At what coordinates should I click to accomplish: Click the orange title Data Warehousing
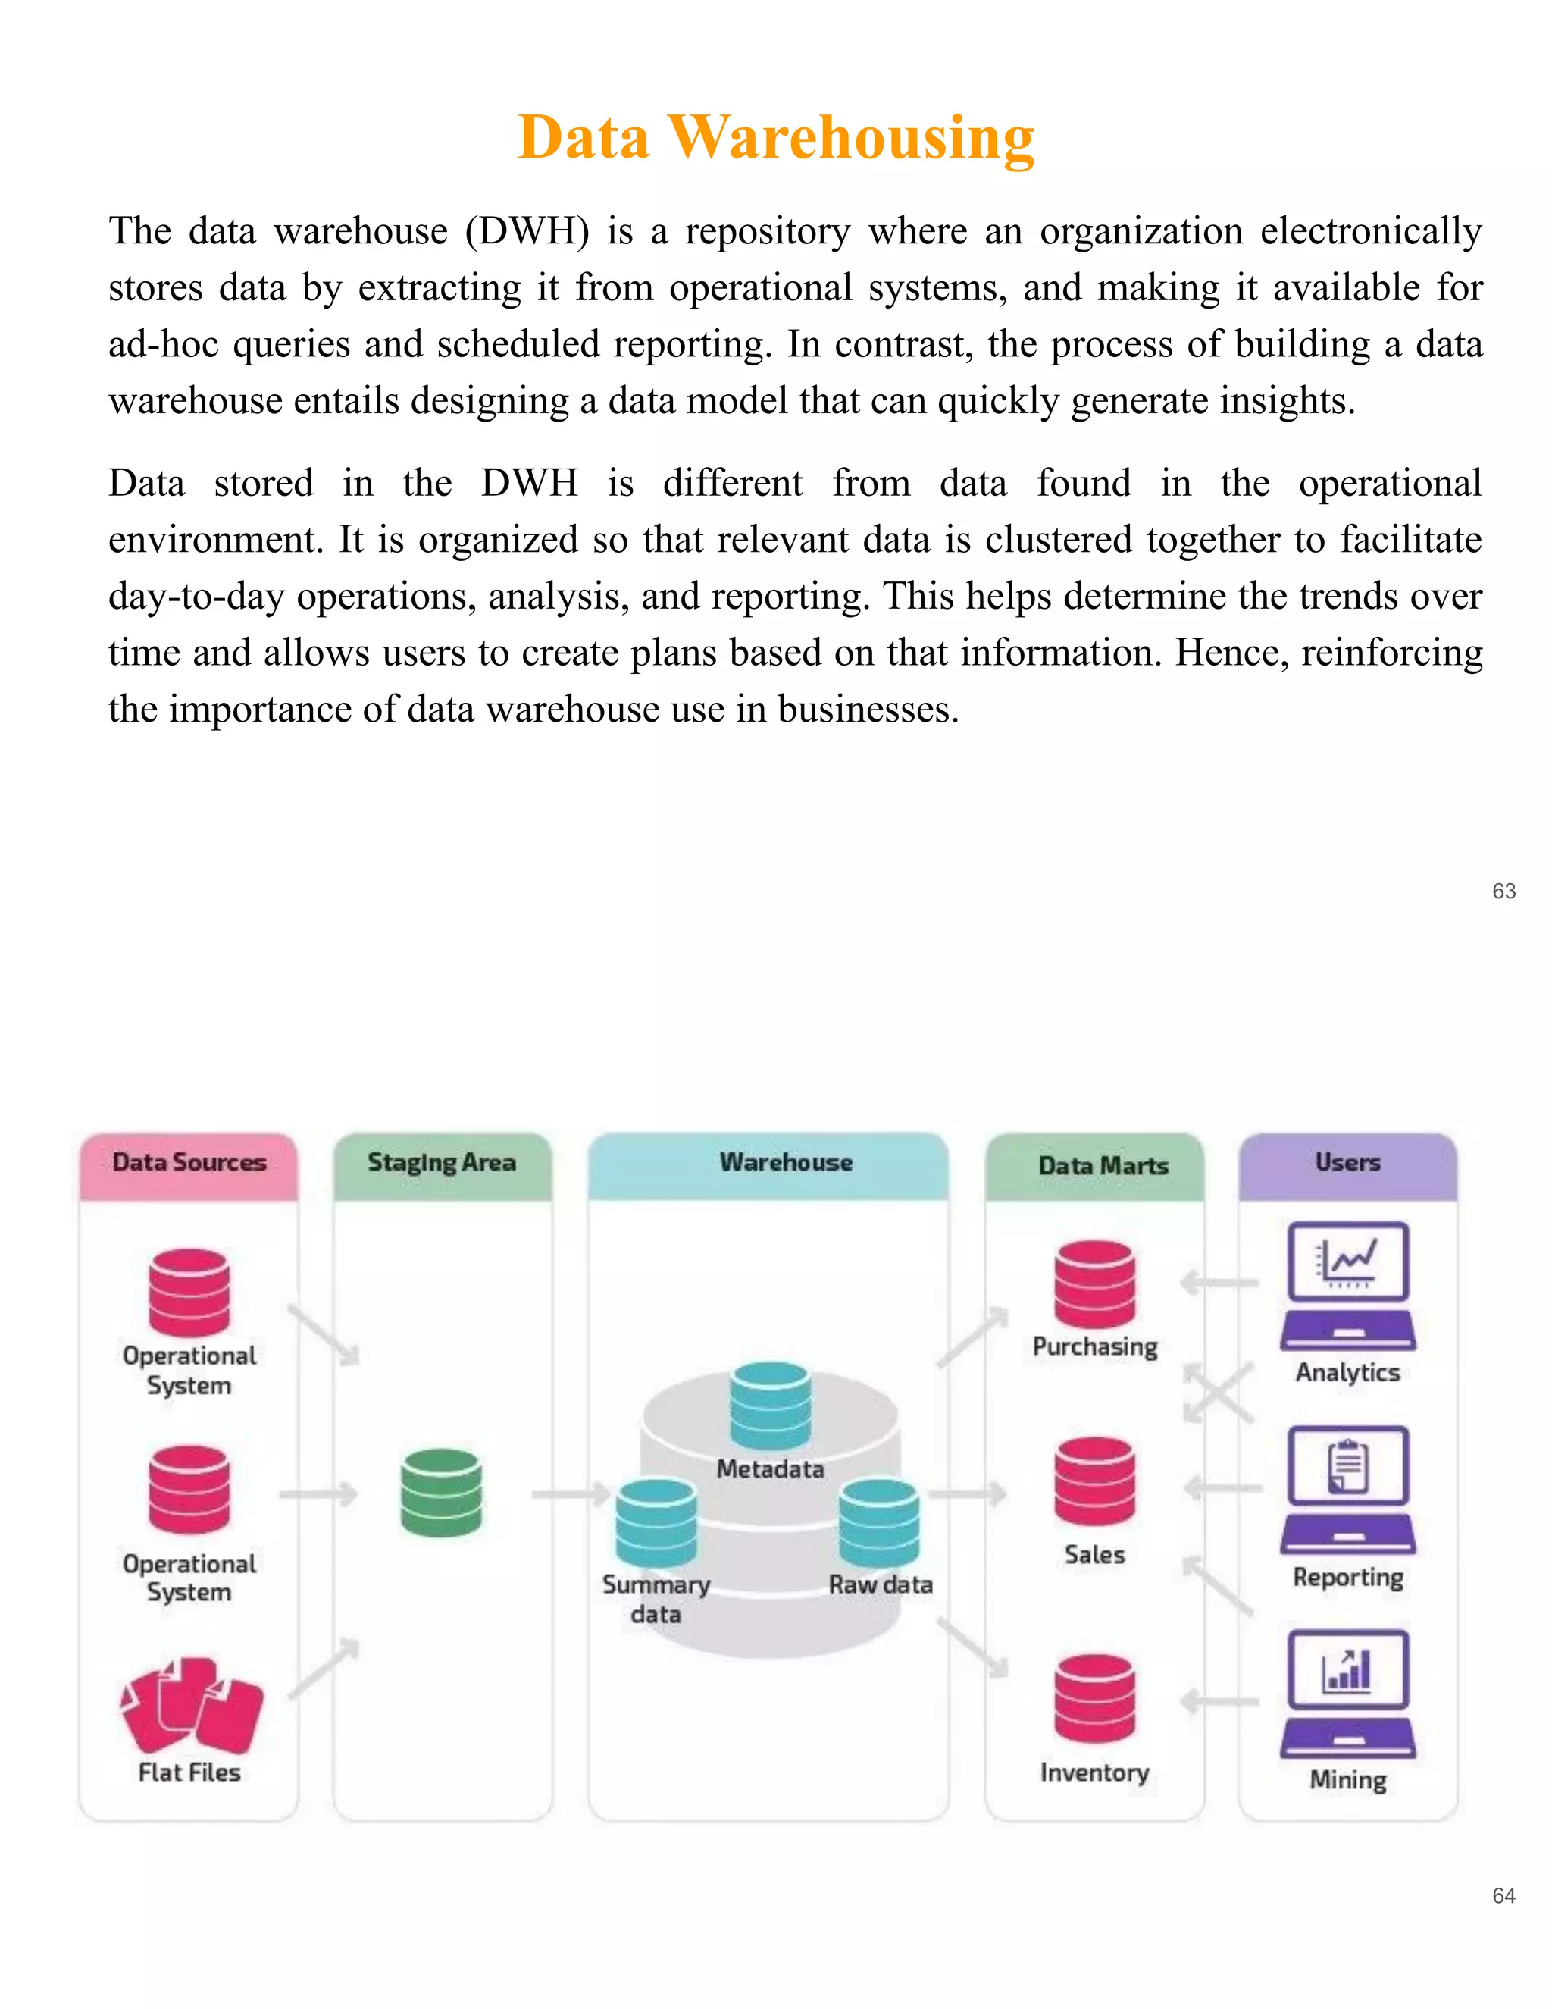point(776,138)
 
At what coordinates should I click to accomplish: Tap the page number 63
point(1503,891)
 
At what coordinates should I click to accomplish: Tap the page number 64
point(1503,1895)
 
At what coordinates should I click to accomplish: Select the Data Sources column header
point(189,1164)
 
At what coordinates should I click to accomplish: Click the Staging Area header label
point(443,1164)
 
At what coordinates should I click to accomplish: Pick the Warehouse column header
point(786,1164)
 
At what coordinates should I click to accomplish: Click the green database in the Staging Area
point(441,1492)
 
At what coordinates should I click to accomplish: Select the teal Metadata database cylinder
point(771,1406)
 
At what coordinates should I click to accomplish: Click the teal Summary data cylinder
point(656,1522)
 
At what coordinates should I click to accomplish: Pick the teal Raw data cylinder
point(878,1522)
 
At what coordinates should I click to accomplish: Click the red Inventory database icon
point(1094,1698)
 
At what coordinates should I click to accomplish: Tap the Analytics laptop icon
point(1348,1285)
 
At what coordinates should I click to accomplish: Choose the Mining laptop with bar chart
point(1348,1694)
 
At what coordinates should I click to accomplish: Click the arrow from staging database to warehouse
point(570,1495)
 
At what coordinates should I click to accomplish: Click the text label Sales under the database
point(1094,1555)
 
